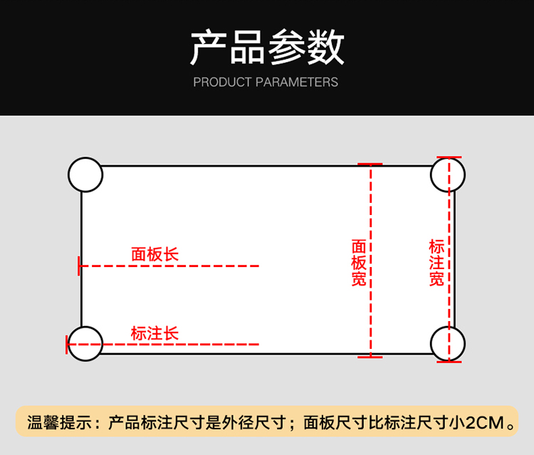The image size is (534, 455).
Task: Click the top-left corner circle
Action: pyautogui.click(x=85, y=174)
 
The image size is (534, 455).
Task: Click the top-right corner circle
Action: pyautogui.click(x=448, y=174)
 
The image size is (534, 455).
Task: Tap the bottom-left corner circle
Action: pyautogui.click(x=85, y=344)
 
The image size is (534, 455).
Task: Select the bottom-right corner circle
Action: pyautogui.click(x=448, y=344)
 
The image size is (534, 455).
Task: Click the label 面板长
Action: pyautogui.click(x=155, y=254)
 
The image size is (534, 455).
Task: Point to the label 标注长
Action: pyautogui.click(x=155, y=333)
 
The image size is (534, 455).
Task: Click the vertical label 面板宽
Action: pyautogui.click(x=360, y=263)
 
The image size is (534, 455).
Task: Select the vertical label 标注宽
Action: pyautogui.click(x=436, y=263)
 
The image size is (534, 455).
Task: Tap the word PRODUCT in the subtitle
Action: pyautogui.click(x=222, y=83)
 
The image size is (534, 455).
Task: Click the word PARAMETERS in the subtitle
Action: pyautogui.click(x=297, y=83)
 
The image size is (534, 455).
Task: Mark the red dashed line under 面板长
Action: pyautogui.click(x=171, y=266)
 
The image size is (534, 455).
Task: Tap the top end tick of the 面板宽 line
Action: pyautogui.click(x=370, y=164)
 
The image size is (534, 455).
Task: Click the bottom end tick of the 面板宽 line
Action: pyautogui.click(x=370, y=357)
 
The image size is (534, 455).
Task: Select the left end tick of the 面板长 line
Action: pyautogui.click(x=80, y=266)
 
